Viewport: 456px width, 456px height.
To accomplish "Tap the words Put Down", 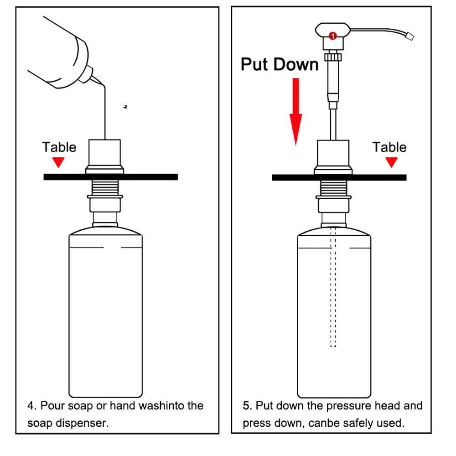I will coord(280,64).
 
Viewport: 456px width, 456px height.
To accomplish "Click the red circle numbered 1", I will coord(333,36).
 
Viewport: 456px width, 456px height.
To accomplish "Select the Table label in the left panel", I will coord(59,147).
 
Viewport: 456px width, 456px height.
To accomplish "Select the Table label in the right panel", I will coord(389,147).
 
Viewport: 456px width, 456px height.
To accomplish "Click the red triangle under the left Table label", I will coord(58,162).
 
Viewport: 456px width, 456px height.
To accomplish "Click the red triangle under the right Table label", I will coord(391,162).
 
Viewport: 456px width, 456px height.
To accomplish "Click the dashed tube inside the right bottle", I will coord(333,292).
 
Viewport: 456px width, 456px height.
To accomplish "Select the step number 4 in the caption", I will coord(31,405).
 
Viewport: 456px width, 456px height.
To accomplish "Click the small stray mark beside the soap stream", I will coord(125,107).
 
